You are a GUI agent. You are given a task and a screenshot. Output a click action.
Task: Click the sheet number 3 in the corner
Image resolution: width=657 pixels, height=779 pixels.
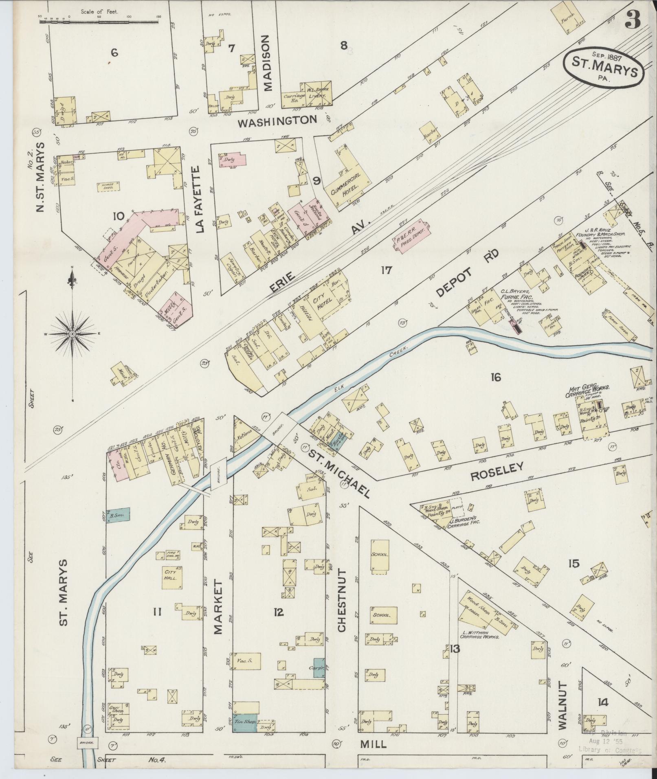pos(633,19)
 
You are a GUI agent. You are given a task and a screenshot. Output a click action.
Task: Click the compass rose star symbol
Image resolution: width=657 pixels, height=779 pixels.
pos(73,334)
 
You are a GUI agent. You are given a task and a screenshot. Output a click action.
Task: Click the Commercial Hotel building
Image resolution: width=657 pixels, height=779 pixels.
pos(347,178)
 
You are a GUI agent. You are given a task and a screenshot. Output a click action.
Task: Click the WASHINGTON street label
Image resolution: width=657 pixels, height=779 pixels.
pos(277,121)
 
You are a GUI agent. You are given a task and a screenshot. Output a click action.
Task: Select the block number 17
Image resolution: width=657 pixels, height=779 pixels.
pos(386,270)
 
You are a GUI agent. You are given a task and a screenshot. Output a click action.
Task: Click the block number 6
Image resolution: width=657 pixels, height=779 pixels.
pos(114,52)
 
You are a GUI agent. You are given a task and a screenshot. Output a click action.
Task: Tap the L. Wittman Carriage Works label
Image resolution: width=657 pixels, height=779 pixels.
pos(479,636)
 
